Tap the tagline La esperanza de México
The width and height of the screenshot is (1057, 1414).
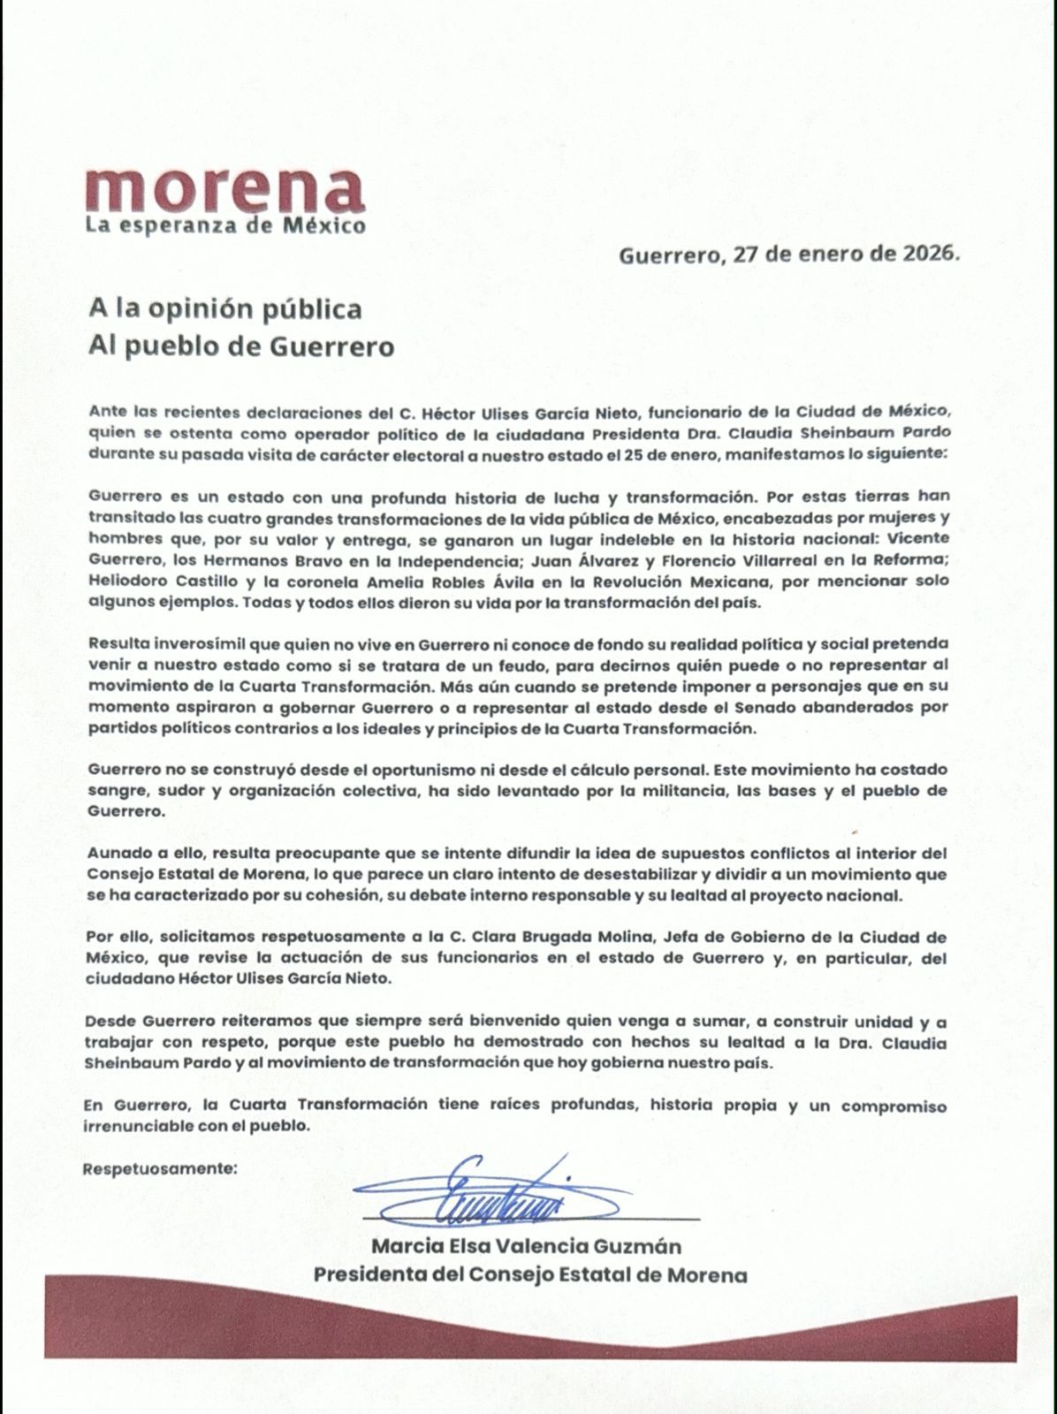point(225,225)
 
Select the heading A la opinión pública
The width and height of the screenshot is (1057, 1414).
point(224,308)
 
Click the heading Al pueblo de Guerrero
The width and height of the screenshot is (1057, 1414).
point(240,346)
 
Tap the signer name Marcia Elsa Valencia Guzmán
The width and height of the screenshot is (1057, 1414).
point(526,1247)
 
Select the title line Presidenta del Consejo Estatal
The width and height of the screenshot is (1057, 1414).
point(530,1275)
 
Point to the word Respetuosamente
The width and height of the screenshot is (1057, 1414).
point(160,1168)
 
